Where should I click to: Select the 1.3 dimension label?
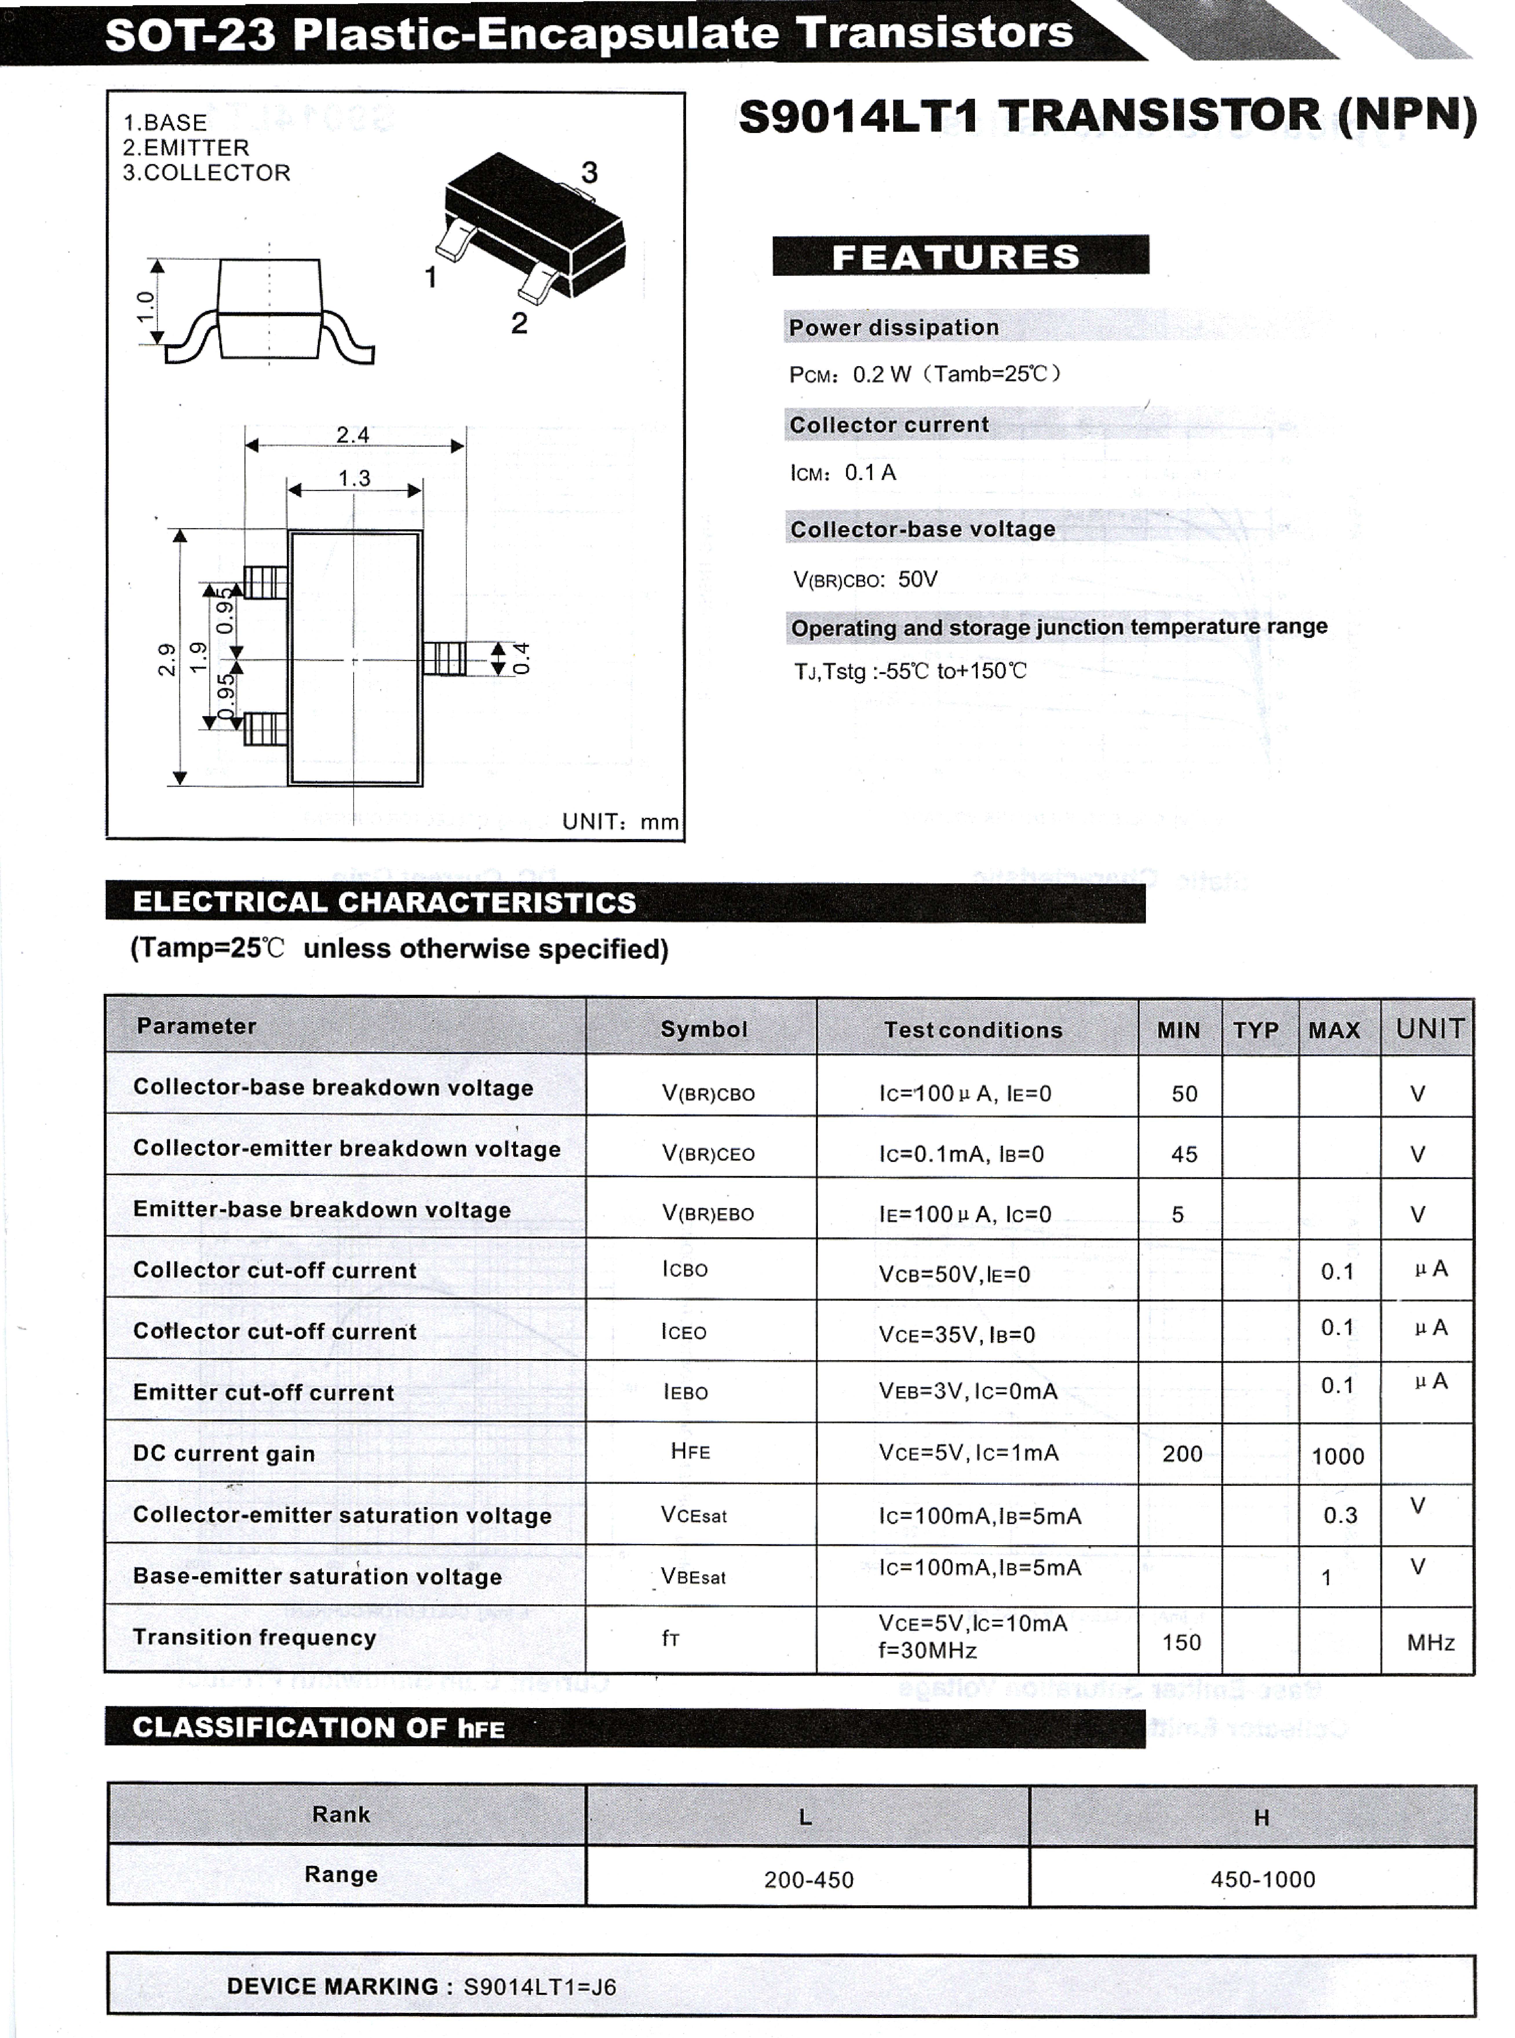(x=354, y=478)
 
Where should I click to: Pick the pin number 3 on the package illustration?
(x=589, y=172)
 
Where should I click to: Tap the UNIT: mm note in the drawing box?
(x=620, y=822)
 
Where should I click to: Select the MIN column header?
(x=1178, y=1030)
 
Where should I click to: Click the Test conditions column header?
(x=973, y=1030)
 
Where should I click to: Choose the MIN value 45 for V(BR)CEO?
(x=1184, y=1154)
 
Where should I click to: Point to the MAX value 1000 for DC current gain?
(x=1338, y=1456)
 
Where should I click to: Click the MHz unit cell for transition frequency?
(x=1431, y=1642)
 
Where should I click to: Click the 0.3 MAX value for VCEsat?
(x=1340, y=1515)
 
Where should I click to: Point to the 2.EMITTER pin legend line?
(x=186, y=148)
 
